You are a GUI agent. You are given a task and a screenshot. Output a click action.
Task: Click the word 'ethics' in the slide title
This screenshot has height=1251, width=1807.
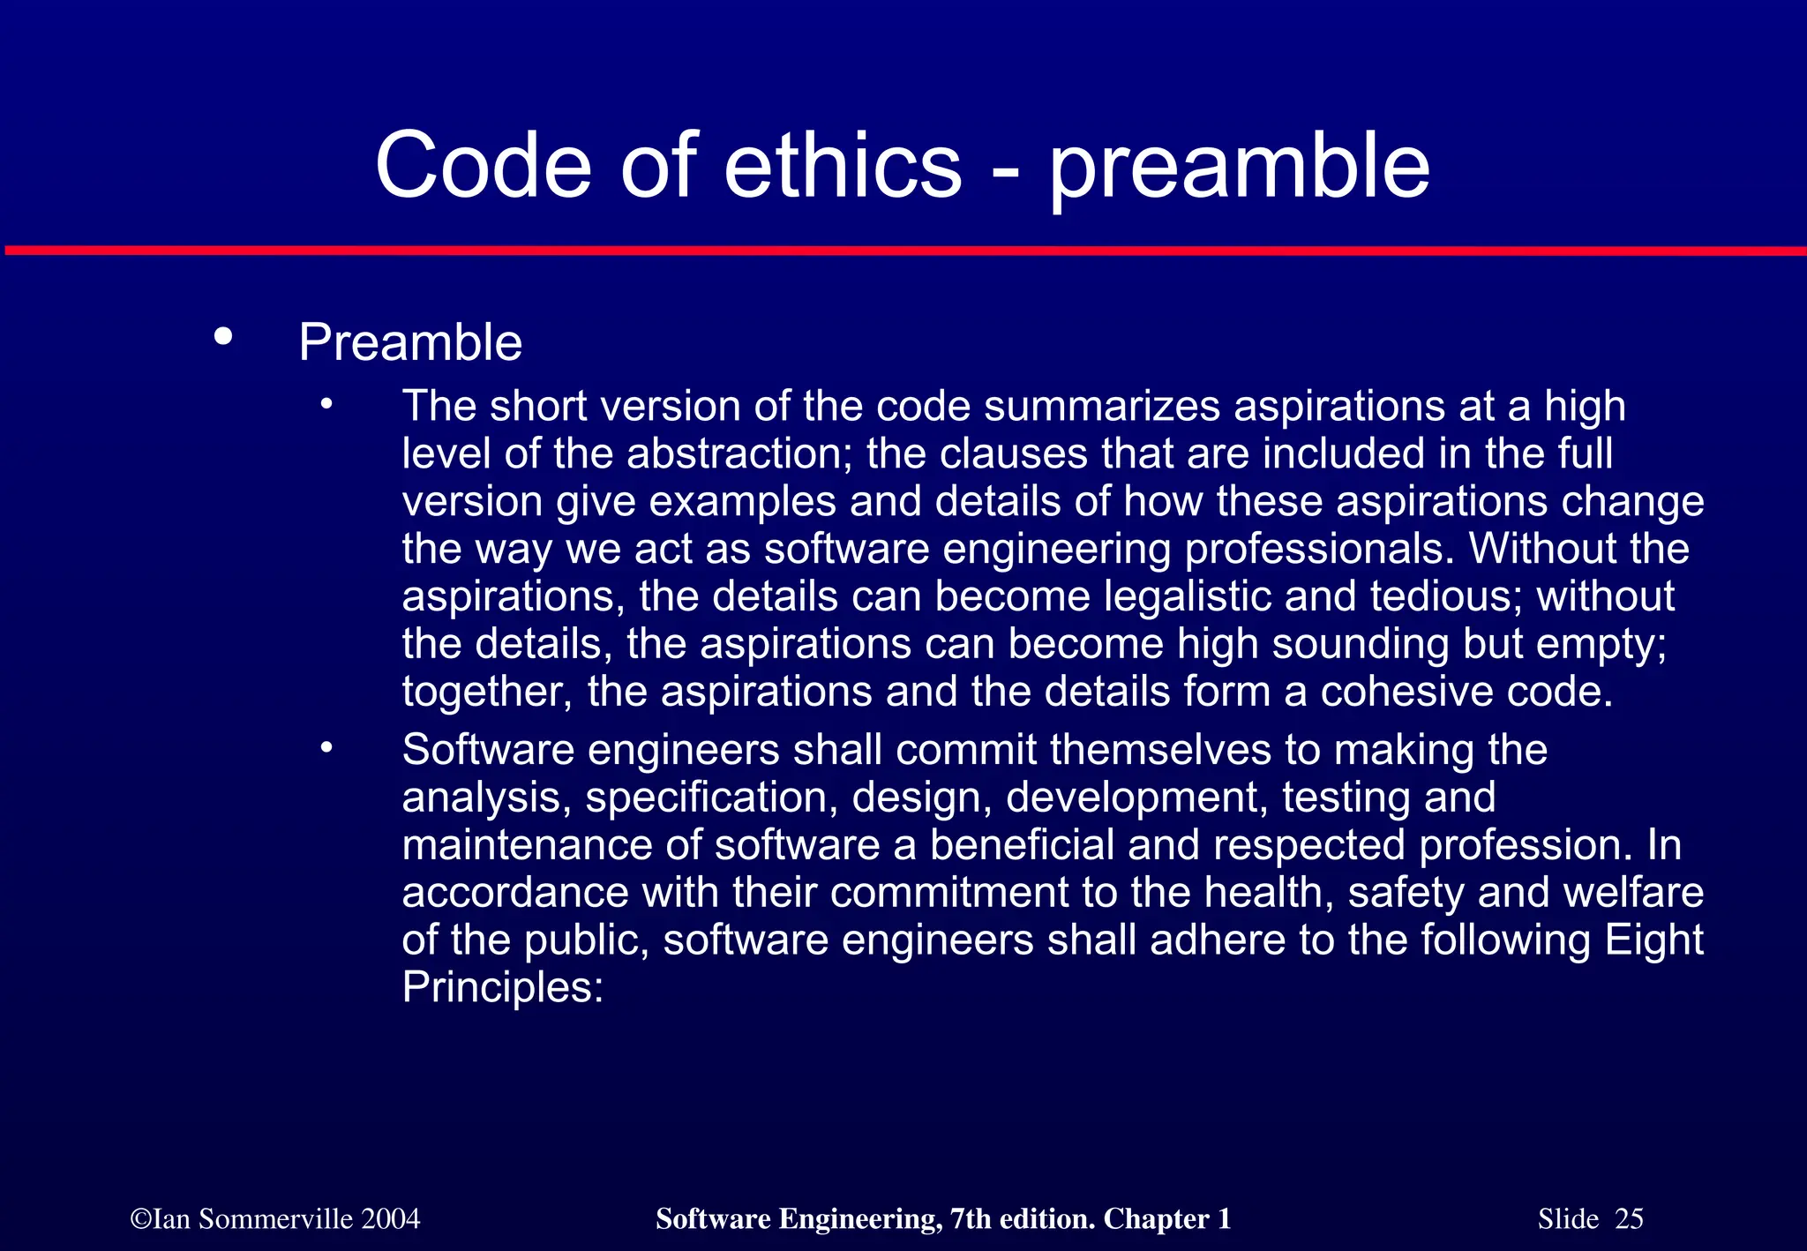tap(843, 166)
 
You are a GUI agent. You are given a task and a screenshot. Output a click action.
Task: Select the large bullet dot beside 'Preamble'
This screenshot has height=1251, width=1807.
tap(223, 336)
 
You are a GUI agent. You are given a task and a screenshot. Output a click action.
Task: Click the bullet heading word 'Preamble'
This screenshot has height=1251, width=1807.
tap(410, 342)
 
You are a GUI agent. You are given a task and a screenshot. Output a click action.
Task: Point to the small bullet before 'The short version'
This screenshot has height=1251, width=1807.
tap(326, 405)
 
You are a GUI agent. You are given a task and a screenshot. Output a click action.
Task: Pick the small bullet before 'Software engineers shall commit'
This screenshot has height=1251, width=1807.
tap(326, 748)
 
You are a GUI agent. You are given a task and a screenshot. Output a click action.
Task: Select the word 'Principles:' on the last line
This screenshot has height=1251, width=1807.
tap(503, 988)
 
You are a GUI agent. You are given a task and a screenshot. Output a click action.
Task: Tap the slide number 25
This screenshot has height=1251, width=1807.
tap(1629, 1219)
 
